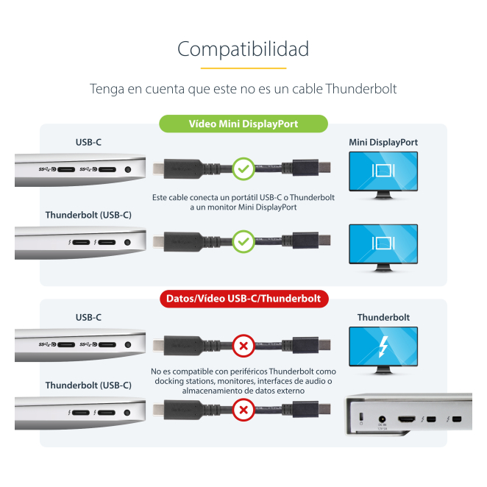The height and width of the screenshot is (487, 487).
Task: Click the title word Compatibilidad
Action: pos(243,49)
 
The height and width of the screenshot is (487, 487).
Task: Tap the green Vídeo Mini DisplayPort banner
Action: pos(243,124)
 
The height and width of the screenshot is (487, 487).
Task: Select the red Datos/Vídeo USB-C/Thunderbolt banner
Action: pos(244,299)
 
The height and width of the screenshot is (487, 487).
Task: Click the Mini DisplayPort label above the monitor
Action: pos(383,142)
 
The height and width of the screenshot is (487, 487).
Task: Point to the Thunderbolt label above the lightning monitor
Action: pos(383,317)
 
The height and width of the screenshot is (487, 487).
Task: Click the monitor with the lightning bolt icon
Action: pos(383,350)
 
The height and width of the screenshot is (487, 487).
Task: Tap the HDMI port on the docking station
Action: pos(407,419)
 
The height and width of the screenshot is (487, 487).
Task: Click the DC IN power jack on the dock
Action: pos(382,419)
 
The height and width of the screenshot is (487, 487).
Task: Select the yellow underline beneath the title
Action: pos(243,68)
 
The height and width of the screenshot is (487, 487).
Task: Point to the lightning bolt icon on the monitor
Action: pos(383,347)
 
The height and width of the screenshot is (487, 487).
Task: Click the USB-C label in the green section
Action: pos(88,142)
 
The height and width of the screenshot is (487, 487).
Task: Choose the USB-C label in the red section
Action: pos(88,317)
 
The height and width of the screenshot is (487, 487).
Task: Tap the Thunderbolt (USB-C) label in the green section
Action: pos(88,215)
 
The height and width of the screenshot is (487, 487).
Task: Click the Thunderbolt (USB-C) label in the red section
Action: pos(88,385)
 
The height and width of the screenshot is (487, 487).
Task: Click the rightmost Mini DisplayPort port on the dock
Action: pos(457,419)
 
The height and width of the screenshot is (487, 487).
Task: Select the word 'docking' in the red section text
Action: pos(169,381)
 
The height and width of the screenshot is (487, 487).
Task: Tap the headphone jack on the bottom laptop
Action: pos(127,413)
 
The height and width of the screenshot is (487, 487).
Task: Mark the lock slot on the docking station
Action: pos(361,416)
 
